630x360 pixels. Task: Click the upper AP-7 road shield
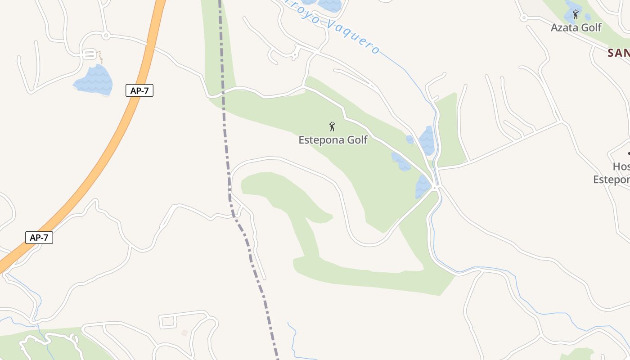coord(139,90)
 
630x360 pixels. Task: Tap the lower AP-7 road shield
coord(39,238)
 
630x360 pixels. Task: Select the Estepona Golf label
coord(333,140)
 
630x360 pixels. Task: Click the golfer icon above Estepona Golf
coord(332,126)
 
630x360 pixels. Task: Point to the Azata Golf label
coord(576,27)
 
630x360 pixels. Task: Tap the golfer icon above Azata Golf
coord(576,15)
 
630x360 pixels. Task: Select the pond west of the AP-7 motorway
coord(94,81)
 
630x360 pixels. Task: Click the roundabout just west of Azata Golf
coord(523,18)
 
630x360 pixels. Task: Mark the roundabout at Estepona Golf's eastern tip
coord(435,187)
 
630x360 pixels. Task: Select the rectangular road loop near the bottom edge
coord(167,321)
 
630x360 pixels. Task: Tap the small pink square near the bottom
coord(184,333)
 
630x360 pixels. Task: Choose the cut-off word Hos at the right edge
coord(621,166)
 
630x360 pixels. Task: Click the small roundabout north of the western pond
coord(106,35)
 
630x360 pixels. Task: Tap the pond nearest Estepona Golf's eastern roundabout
coord(422,185)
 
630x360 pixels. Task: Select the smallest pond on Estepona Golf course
coord(409,139)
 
